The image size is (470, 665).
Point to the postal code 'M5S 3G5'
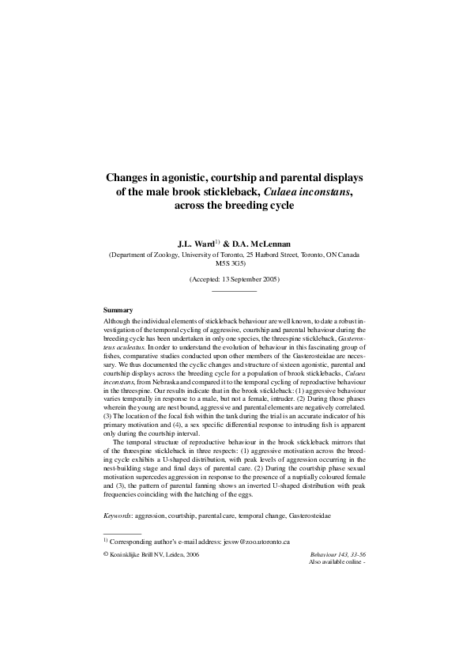coord(235,263)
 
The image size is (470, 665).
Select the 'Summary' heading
coord(118,309)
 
